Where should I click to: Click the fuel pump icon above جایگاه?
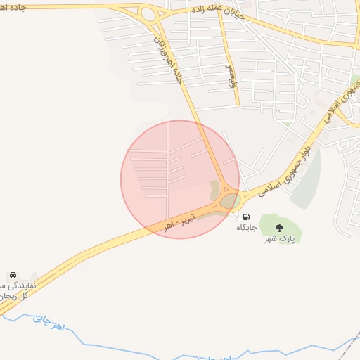point(246,217)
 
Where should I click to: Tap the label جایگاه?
point(246,227)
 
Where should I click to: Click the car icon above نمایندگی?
point(13,275)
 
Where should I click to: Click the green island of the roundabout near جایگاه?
point(230,202)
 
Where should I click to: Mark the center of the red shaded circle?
point(180,179)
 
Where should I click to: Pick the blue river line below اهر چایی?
point(105,345)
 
